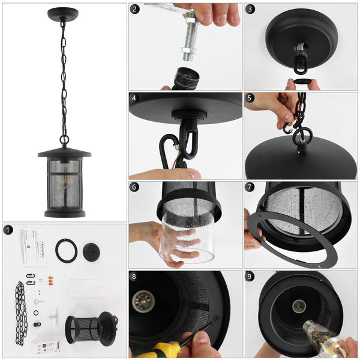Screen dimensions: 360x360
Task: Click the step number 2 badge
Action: [135, 9]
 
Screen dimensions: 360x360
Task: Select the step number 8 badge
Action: [135, 278]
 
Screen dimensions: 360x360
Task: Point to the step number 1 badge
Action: [8, 230]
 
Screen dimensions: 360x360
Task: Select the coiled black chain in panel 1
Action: [20, 312]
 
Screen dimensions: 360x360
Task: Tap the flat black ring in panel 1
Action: [66, 250]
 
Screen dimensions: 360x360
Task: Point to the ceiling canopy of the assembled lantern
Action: [63, 13]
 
